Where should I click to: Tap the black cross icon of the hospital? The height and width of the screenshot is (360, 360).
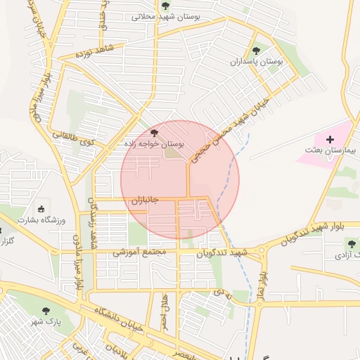pos(330,140)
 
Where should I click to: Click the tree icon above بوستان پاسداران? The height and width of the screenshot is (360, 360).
pos(257,51)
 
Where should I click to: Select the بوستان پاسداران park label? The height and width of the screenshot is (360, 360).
pos(257,62)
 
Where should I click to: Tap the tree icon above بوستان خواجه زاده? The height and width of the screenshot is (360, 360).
pos(154,132)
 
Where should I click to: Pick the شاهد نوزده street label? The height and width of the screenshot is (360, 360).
pos(97,51)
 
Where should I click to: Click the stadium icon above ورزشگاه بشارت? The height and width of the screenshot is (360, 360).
pos(41,209)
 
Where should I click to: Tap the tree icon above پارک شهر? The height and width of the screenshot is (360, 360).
pos(48,310)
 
